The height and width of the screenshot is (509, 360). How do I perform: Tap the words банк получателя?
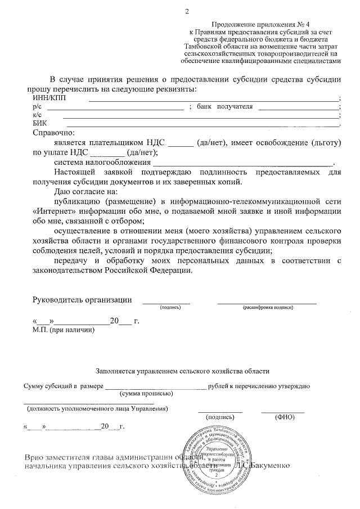(x=224, y=106)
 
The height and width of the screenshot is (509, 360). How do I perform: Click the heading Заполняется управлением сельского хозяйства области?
(x=183, y=371)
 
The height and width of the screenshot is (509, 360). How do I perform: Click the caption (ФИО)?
(x=284, y=418)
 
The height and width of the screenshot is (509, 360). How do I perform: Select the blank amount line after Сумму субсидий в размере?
(x=155, y=387)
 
